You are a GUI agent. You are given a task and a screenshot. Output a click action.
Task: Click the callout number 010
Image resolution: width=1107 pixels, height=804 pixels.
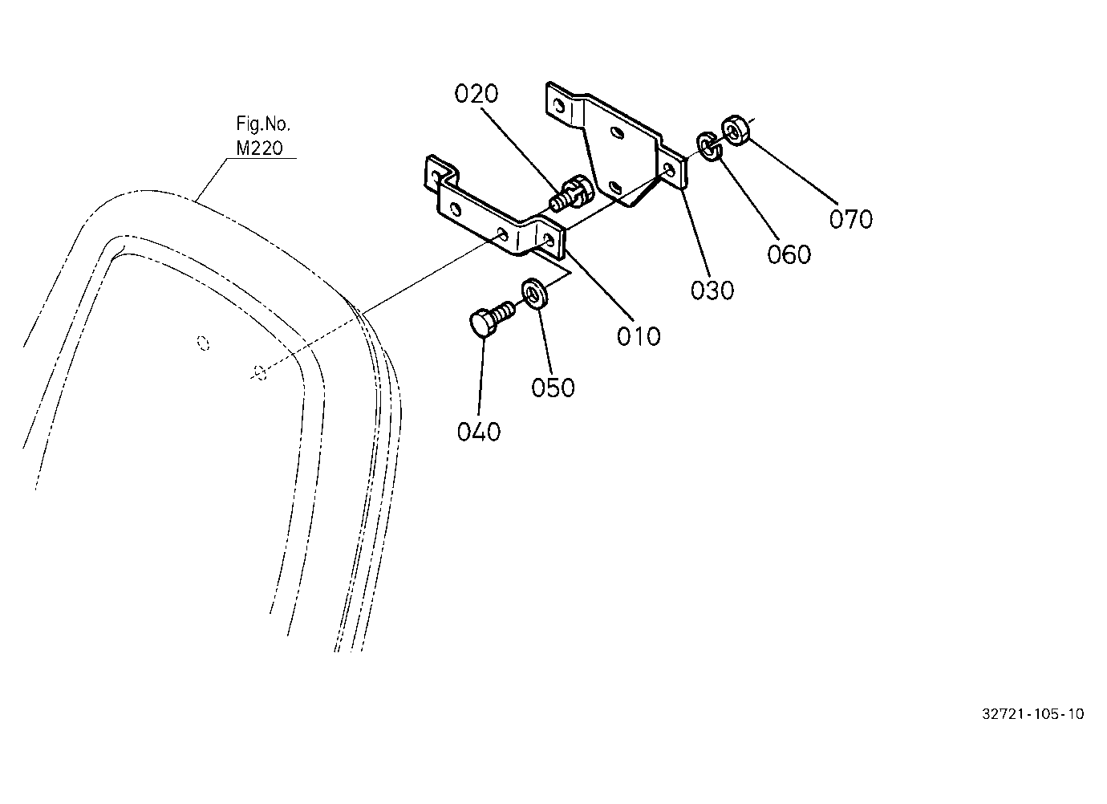click(x=638, y=337)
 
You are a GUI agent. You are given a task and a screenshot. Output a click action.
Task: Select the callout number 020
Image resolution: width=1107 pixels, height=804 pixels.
click(x=476, y=94)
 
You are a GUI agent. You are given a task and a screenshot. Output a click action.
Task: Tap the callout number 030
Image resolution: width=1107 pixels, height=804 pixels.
click(x=712, y=290)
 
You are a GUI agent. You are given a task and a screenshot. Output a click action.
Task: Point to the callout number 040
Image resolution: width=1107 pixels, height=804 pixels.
click(x=478, y=432)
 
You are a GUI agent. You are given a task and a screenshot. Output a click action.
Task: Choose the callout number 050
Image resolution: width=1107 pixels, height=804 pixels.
click(x=553, y=388)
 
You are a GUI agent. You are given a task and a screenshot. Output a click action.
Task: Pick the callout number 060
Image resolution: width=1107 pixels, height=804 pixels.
click(x=789, y=254)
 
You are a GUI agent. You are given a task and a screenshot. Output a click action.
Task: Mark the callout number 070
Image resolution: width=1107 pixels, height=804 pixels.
click(x=850, y=219)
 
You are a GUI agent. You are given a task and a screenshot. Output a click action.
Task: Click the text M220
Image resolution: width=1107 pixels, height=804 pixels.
click(x=259, y=148)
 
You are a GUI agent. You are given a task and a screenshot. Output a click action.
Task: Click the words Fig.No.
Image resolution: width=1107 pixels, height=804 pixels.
click(x=263, y=124)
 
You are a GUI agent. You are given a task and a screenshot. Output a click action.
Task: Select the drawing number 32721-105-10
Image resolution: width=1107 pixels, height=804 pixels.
click(x=1033, y=714)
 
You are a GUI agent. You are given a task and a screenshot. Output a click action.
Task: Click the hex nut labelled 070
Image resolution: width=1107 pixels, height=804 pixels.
click(x=736, y=131)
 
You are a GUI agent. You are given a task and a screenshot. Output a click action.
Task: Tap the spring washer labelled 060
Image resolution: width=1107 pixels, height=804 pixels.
click(x=709, y=146)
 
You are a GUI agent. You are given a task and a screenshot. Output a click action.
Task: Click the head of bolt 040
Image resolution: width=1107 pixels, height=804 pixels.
click(x=481, y=322)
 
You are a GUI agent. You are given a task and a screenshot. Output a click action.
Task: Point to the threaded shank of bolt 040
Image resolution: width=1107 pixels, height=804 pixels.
click(x=504, y=311)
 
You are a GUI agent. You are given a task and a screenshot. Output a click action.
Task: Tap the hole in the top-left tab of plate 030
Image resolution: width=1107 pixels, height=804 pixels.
click(x=559, y=106)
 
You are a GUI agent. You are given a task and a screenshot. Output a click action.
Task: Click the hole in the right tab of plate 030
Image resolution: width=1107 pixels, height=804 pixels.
click(x=669, y=170)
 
